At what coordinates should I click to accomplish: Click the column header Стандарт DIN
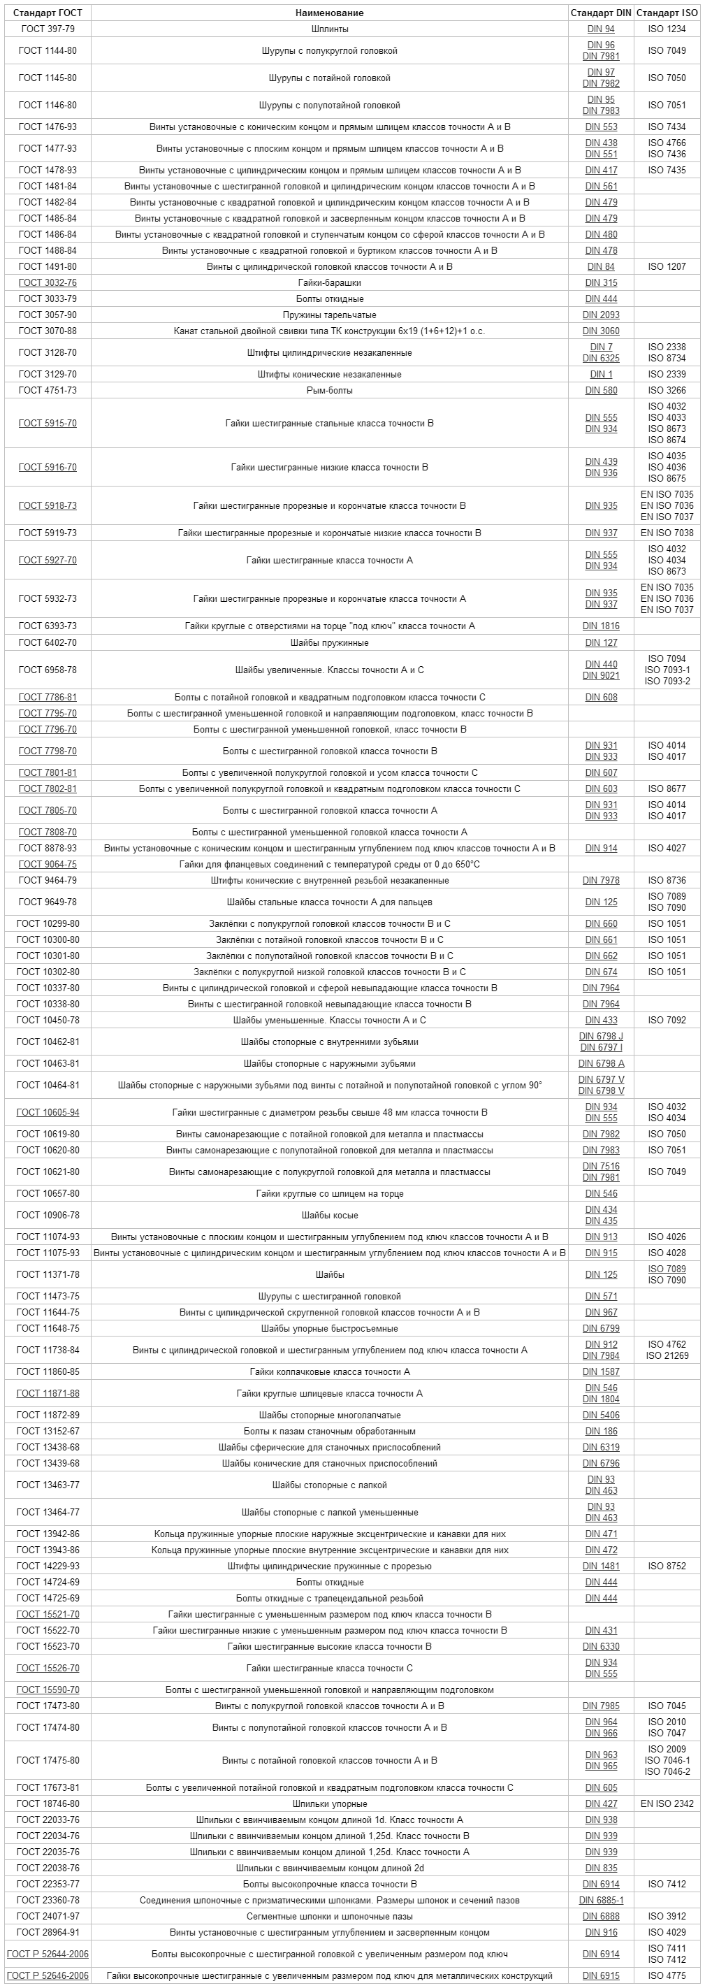600,13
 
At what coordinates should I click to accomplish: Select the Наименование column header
329,13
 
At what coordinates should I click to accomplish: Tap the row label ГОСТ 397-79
48,29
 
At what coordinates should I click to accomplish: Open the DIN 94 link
601,29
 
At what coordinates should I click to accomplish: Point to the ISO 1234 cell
667,29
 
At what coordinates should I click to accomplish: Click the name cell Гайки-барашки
329,283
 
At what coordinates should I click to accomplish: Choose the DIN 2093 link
601,315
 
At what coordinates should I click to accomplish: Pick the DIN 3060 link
601,331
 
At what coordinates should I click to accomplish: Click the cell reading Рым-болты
329,391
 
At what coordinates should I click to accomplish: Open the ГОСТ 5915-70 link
48,424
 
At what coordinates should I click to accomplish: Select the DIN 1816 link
601,626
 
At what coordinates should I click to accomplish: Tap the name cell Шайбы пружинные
329,643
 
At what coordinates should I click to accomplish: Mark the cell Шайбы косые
329,1216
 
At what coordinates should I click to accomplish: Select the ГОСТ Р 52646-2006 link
48,1976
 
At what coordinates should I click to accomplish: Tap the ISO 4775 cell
667,1976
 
